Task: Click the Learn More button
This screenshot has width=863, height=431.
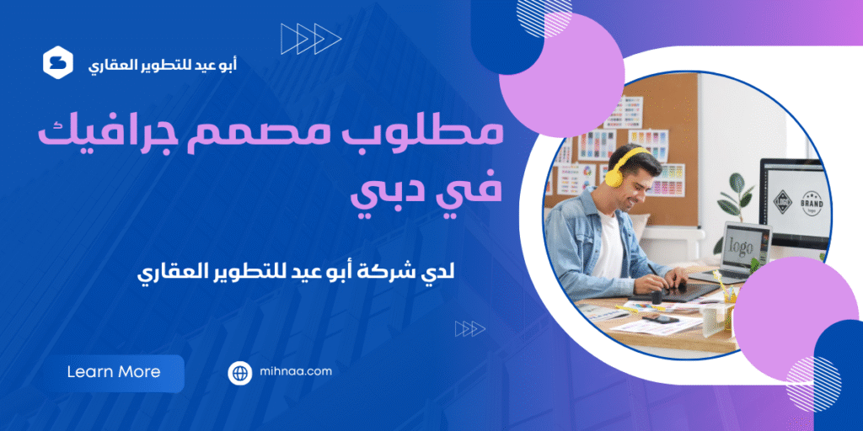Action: [114, 372]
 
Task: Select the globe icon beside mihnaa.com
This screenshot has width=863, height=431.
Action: [240, 373]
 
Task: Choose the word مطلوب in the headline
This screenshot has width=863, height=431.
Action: [442, 135]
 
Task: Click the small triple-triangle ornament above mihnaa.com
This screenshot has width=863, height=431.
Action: [469, 328]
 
